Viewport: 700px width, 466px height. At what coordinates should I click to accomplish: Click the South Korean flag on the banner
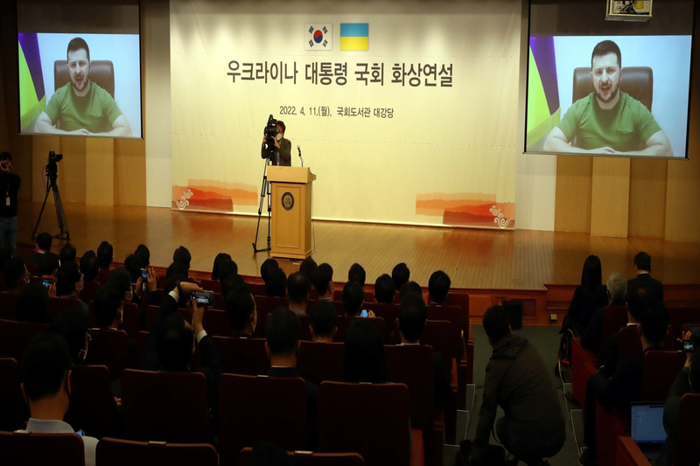pos(318,37)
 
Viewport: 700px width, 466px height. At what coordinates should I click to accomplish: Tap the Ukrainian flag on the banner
pos(354,37)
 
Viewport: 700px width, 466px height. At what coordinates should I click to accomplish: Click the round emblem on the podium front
pos(288,201)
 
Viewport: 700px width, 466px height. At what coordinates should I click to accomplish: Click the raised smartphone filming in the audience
pos(202,298)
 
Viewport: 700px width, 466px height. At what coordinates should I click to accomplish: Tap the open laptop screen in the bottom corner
pos(647,424)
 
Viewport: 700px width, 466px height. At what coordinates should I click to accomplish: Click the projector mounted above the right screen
pos(622,10)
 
